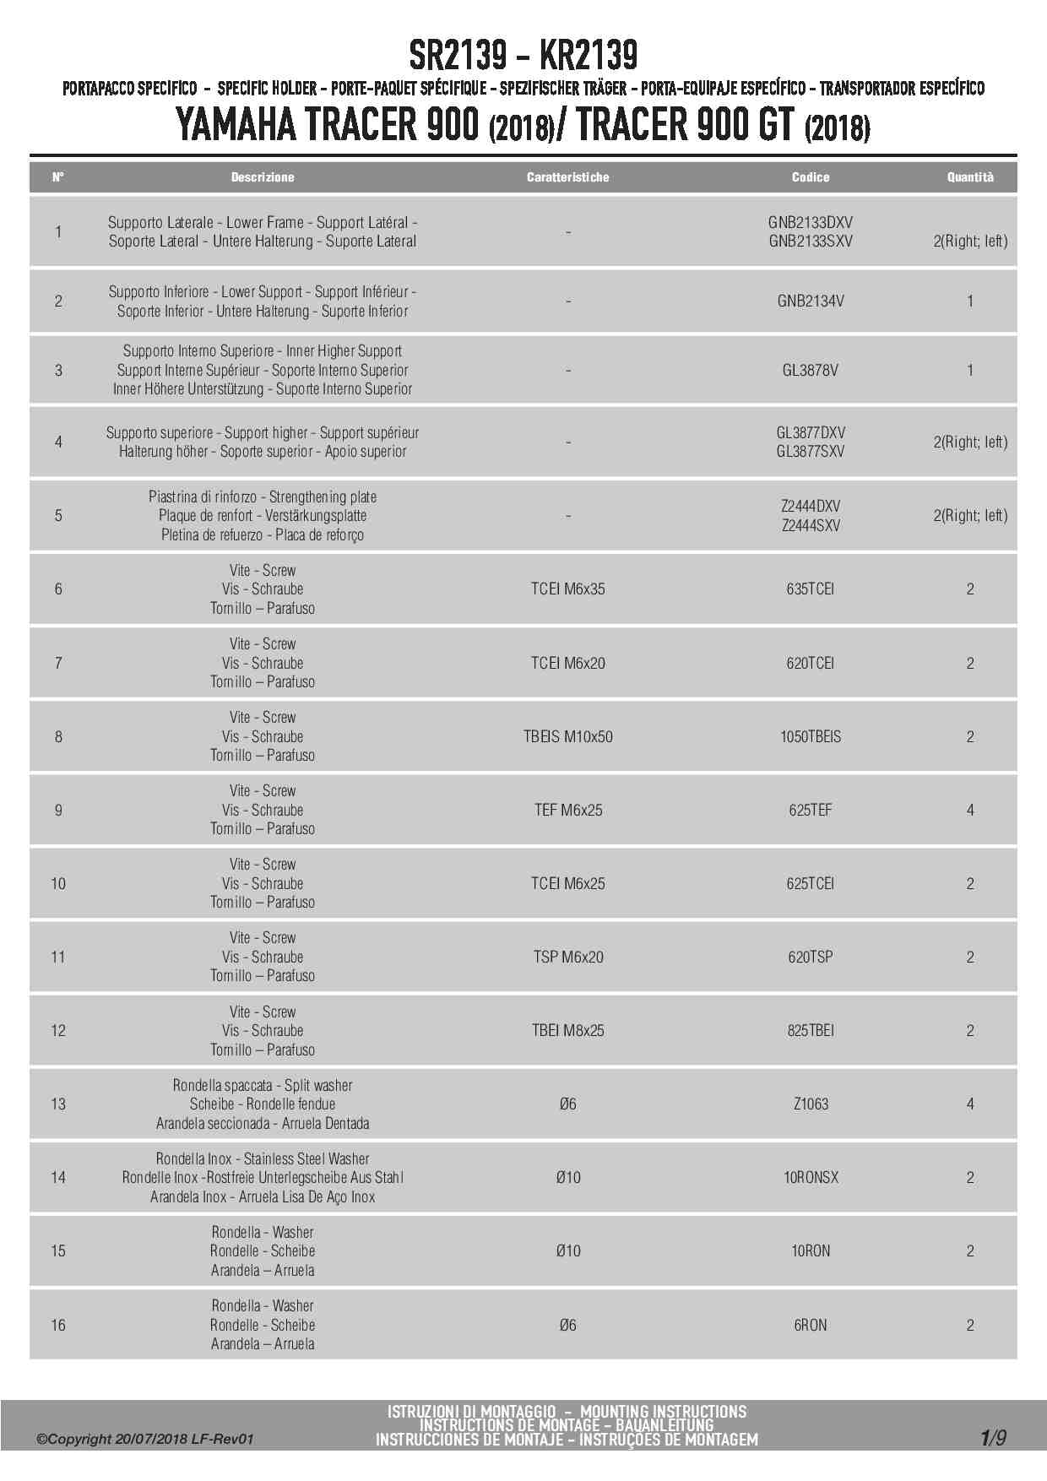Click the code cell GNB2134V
(x=810, y=301)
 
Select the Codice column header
(x=810, y=177)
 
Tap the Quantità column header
(x=969, y=177)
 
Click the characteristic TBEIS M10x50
(x=567, y=736)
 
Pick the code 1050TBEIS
(x=810, y=736)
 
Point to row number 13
(x=58, y=1104)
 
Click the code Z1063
(x=810, y=1104)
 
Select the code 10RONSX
(x=810, y=1177)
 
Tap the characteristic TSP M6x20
(x=567, y=957)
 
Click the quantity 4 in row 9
(x=969, y=810)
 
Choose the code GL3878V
(x=810, y=370)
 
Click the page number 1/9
(x=993, y=1437)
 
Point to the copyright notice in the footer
(x=144, y=1439)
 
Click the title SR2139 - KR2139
(x=523, y=56)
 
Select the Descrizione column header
(x=263, y=177)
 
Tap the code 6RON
(x=810, y=1325)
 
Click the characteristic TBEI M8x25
(x=567, y=1030)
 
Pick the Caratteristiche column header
(x=567, y=177)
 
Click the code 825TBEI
(x=810, y=1030)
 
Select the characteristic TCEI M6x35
(x=567, y=589)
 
